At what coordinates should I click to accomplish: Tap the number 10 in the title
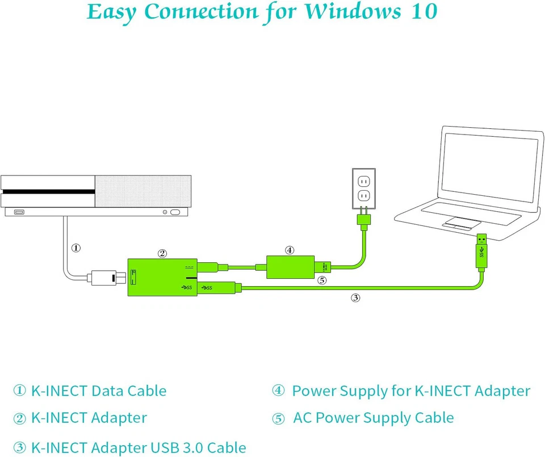423,12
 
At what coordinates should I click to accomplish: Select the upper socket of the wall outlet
363,182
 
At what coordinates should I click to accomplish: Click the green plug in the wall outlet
364,220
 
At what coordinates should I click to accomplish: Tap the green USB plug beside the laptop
481,250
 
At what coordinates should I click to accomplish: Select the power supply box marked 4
290,267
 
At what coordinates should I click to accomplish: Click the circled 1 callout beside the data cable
76,248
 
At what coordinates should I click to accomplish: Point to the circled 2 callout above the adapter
162,253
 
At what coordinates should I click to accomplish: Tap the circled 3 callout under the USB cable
355,297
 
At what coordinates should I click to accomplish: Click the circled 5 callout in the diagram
322,280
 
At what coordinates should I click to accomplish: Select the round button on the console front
165,212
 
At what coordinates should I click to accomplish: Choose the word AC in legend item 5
302,418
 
